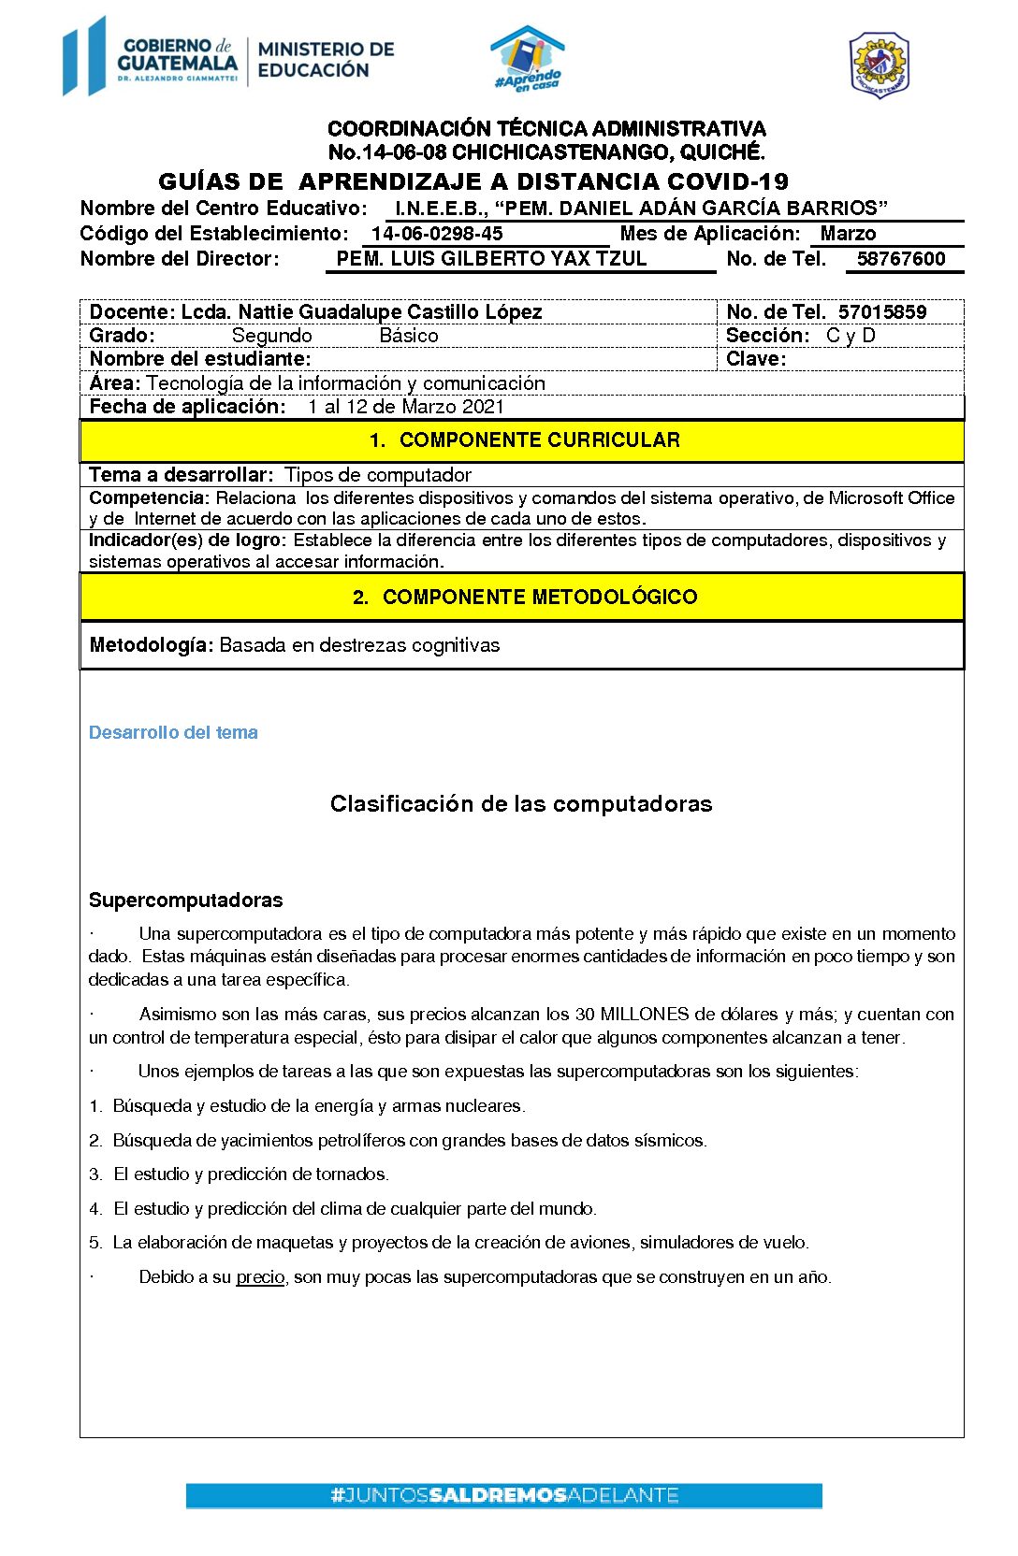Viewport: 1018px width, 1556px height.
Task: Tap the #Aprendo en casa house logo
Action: click(528, 59)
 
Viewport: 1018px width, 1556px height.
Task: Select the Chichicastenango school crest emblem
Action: click(879, 65)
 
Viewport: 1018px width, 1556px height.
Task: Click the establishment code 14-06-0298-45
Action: click(437, 234)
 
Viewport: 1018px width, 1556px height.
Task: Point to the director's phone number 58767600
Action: click(901, 259)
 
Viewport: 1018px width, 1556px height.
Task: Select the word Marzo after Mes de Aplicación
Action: click(848, 234)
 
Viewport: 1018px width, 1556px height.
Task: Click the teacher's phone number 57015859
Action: click(882, 312)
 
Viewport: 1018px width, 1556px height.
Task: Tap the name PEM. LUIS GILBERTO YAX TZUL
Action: click(491, 259)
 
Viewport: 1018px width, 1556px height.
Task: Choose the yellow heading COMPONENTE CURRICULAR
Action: click(539, 440)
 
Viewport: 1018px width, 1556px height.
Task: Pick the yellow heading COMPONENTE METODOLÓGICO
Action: click(539, 598)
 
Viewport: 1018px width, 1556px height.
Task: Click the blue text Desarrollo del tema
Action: click(173, 733)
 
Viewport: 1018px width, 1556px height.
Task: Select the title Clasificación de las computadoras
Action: click(521, 804)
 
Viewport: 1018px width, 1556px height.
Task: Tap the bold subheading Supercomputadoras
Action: click(185, 900)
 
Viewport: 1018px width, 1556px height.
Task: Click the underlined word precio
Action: click(260, 1277)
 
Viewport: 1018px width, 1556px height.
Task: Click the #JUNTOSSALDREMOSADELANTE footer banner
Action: click(503, 1495)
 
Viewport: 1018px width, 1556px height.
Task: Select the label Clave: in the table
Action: click(756, 359)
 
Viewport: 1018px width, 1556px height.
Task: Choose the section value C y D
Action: click(851, 336)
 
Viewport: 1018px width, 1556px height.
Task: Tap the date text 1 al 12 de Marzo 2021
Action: click(405, 407)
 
